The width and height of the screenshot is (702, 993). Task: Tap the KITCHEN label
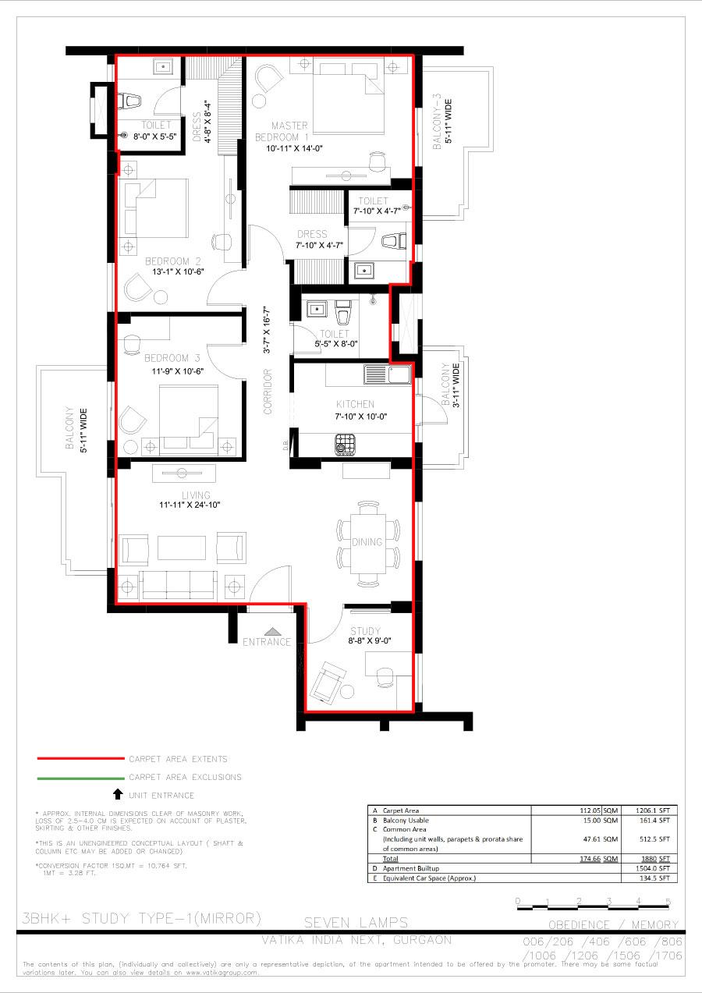click(x=355, y=404)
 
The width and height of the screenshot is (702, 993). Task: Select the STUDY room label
click(x=365, y=631)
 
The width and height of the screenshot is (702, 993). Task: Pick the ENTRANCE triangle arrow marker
click(x=272, y=630)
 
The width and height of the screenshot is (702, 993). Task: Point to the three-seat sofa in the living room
click(x=178, y=583)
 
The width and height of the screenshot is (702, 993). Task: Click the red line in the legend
click(x=80, y=758)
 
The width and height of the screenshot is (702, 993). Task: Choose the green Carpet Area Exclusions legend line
click(x=80, y=777)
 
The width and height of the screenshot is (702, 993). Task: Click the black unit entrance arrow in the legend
click(x=118, y=794)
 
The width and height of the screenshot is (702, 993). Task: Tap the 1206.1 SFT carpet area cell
click(x=649, y=810)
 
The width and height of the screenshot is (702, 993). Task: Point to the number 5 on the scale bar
click(x=668, y=902)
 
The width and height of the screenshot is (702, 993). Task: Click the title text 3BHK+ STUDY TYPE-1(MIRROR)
click(x=142, y=917)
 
